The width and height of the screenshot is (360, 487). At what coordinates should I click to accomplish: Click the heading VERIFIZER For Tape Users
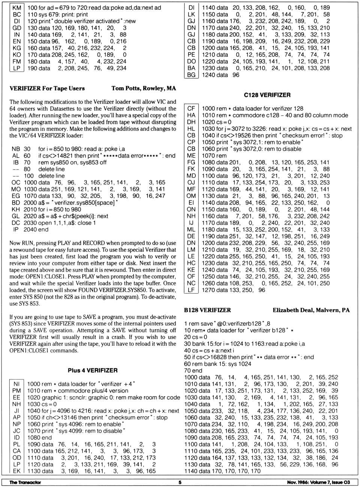[x=47, y=88]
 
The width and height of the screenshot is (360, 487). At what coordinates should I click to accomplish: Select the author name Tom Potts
[x=127, y=88]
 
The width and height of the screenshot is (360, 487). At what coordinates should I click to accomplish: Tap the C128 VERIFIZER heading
[x=267, y=95]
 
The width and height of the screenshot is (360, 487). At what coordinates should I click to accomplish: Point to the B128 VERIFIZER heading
[x=207, y=310]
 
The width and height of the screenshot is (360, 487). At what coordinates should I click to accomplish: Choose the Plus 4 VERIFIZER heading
[x=93, y=370]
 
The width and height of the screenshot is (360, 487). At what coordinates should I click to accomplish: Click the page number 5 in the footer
[x=180, y=483]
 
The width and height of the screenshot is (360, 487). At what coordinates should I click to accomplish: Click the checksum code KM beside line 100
[x=17, y=8]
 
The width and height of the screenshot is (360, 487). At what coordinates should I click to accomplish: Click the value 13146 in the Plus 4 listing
[x=73, y=418]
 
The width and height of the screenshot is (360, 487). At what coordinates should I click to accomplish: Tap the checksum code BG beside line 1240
[x=191, y=75]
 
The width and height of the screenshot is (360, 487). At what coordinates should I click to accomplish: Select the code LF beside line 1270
[x=191, y=290]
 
